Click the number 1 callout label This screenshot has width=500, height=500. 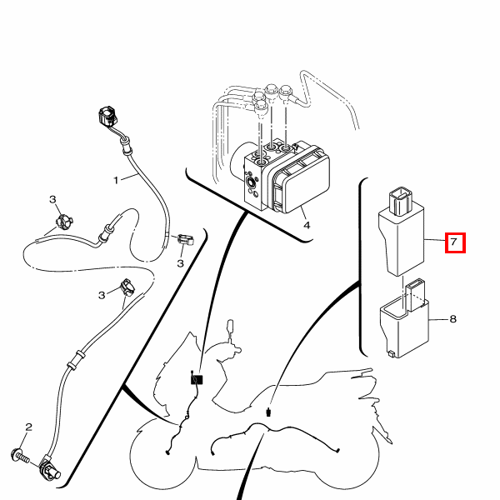pyautogui.click(x=117, y=179)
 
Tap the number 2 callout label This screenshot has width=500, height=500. pyautogui.click(x=27, y=427)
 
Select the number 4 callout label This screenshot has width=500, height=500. pyautogui.click(x=306, y=225)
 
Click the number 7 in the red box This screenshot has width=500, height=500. pyautogui.click(x=454, y=243)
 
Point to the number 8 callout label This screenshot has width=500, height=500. pyautogui.click(x=452, y=318)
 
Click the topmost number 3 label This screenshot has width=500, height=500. pyautogui.click(x=52, y=199)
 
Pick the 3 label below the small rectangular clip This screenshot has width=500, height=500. pyautogui.click(x=179, y=263)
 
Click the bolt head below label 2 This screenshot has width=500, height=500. pyautogui.click(x=18, y=455)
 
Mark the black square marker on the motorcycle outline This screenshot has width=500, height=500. pyautogui.click(x=197, y=380)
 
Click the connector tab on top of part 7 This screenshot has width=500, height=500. pyautogui.click(x=400, y=200)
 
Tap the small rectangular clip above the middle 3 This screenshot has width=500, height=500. pyautogui.click(x=186, y=242)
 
